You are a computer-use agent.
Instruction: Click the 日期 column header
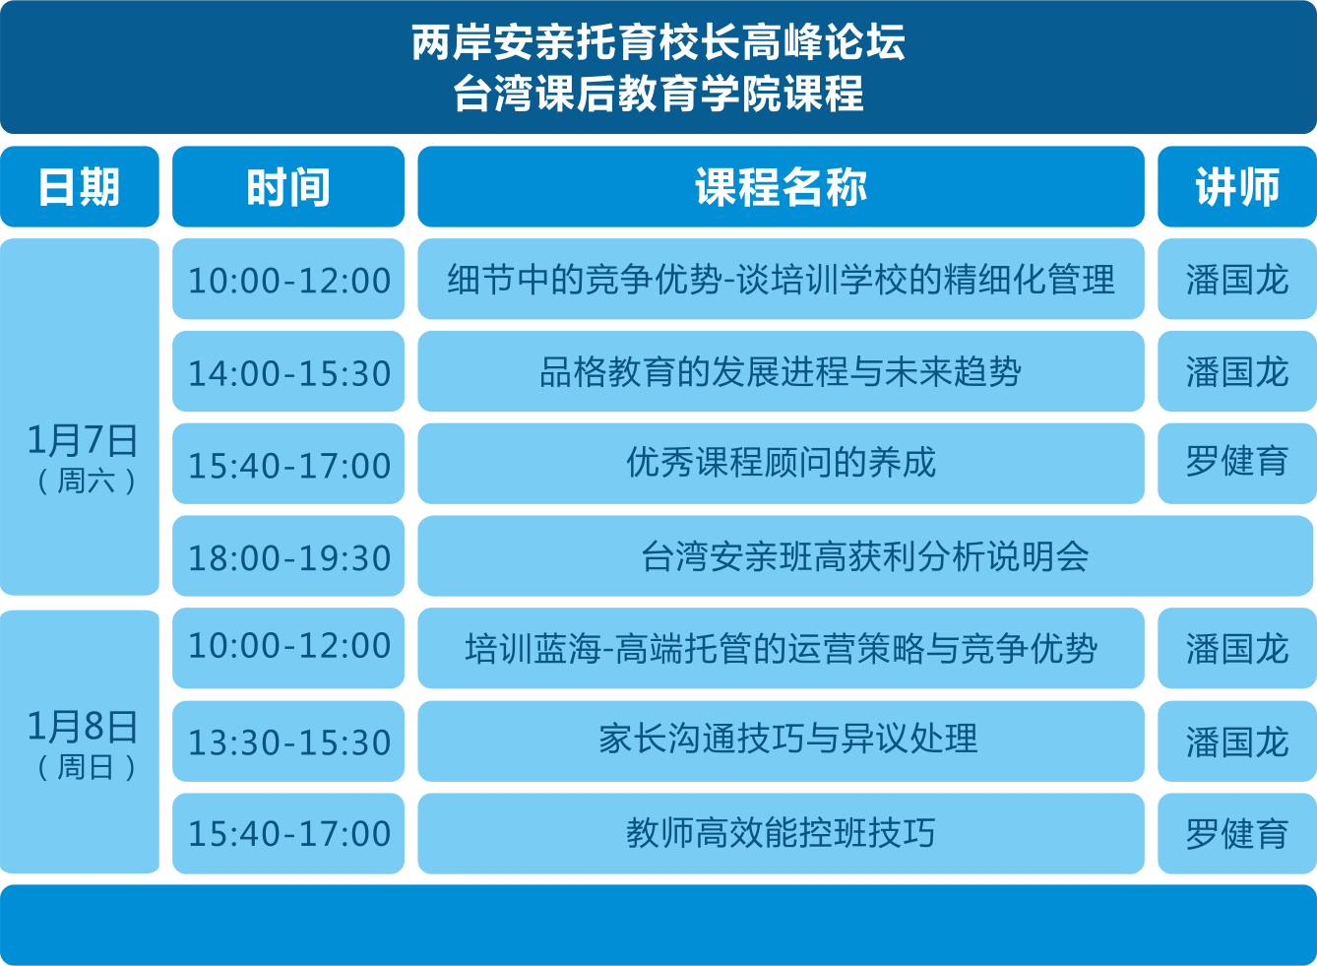tap(80, 186)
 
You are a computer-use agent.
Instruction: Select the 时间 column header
tap(288, 186)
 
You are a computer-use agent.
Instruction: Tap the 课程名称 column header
tap(781, 186)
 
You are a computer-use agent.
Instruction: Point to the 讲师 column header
tap(1237, 186)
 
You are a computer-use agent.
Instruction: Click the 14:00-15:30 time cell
tap(288, 371)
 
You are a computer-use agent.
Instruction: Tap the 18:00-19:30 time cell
tap(288, 556)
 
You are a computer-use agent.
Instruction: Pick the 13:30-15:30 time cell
tap(288, 741)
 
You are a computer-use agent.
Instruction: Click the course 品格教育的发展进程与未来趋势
tap(781, 371)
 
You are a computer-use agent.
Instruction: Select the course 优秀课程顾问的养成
tap(781, 464)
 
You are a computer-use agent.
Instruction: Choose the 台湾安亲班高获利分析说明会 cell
tap(865, 556)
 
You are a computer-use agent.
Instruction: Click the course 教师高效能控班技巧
tap(781, 834)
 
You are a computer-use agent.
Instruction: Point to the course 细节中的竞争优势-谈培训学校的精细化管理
tap(781, 279)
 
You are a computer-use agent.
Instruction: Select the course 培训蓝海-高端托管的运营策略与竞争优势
tap(781, 648)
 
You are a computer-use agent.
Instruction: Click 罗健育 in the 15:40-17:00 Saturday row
tap(1237, 464)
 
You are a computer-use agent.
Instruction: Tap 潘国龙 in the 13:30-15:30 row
tap(1237, 741)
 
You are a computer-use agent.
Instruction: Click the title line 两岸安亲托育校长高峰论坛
tap(658, 42)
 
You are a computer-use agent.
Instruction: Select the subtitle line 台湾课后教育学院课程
tap(658, 93)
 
